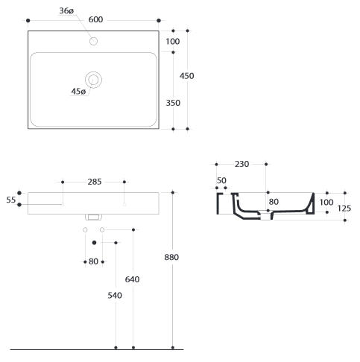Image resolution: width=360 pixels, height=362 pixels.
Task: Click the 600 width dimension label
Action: pyautogui.click(x=95, y=19)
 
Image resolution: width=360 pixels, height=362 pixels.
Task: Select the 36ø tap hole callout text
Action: pyautogui.click(x=66, y=11)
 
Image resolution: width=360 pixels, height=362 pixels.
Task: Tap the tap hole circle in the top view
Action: pyautogui.click(x=93, y=41)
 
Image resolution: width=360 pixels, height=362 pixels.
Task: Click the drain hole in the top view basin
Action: pyautogui.click(x=93, y=80)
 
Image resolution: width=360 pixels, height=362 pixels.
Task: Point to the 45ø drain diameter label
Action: pyautogui.click(x=78, y=92)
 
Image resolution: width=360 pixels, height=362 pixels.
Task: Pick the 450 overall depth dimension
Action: pyautogui.click(x=187, y=76)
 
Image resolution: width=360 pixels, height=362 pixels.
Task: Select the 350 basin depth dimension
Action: pyautogui.click(x=173, y=103)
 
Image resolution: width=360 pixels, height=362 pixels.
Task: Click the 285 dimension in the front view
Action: pyautogui.click(x=95, y=182)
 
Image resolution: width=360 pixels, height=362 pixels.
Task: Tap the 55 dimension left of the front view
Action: pyautogui.click(x=11, y=200)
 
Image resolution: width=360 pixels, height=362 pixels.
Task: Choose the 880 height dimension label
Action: pyautogui.click(x=171, y=257)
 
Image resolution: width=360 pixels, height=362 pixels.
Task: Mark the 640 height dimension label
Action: pyautogui.click(x=132, y=279)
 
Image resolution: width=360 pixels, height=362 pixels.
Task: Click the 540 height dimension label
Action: pyautogui.click(x=115, y=296)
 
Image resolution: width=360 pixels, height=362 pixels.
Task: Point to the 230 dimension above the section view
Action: pyautogui.click(x=241, y=164)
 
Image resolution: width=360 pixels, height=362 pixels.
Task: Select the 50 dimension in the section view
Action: pyautogui.click(x=221, y=180)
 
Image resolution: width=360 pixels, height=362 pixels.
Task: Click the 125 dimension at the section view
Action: pyautogui.click(x=344, y=209)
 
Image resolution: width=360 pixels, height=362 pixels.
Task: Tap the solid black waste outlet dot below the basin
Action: pyautogui.click(x=94, y=243)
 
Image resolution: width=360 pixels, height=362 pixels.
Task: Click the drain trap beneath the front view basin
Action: pyautogui.click(x=93, y=217)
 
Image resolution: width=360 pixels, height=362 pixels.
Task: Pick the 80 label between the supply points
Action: pyautogui.click(x=93, y=261)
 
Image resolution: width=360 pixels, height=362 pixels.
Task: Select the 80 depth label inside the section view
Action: pyautogui.click(x=274, y=202)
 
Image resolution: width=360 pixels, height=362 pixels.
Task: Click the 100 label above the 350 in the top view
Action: pyautogui.click(x=173, y=42)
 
